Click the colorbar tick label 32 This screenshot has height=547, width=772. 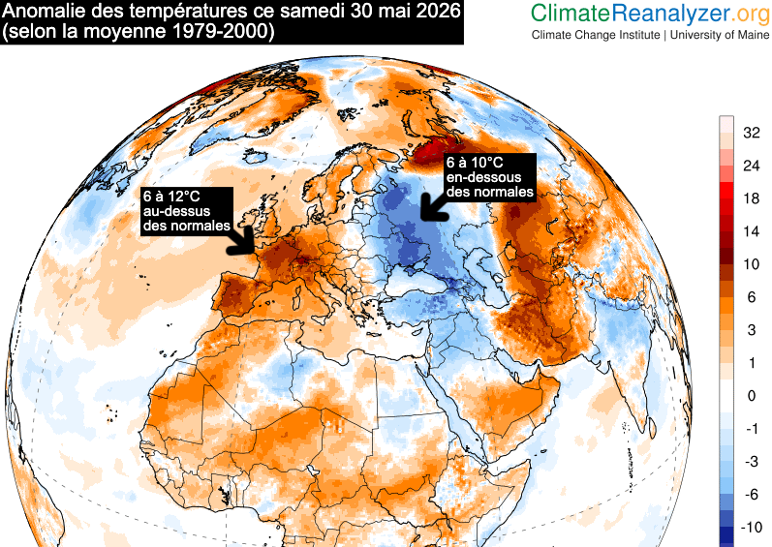752,133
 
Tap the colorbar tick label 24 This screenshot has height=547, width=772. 752,166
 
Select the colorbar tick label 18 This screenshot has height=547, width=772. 752,198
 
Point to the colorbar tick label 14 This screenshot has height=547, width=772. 752,231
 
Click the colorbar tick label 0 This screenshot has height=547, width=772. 752,396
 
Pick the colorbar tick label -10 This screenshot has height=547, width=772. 752,527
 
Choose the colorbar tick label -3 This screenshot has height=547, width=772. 752,462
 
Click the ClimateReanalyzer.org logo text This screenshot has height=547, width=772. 650,14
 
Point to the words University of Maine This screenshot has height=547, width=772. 720,35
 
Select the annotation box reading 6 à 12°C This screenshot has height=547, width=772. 187,211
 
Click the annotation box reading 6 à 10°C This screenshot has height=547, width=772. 489,177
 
